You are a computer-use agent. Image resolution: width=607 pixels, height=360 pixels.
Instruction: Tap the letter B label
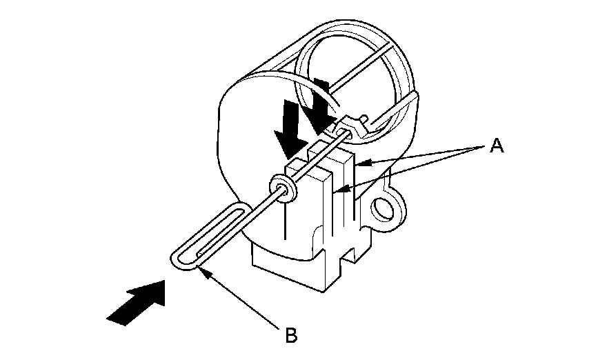click(x=291, y=337)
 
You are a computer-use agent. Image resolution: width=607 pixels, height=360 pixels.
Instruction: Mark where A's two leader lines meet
click(x=483, y=146)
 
